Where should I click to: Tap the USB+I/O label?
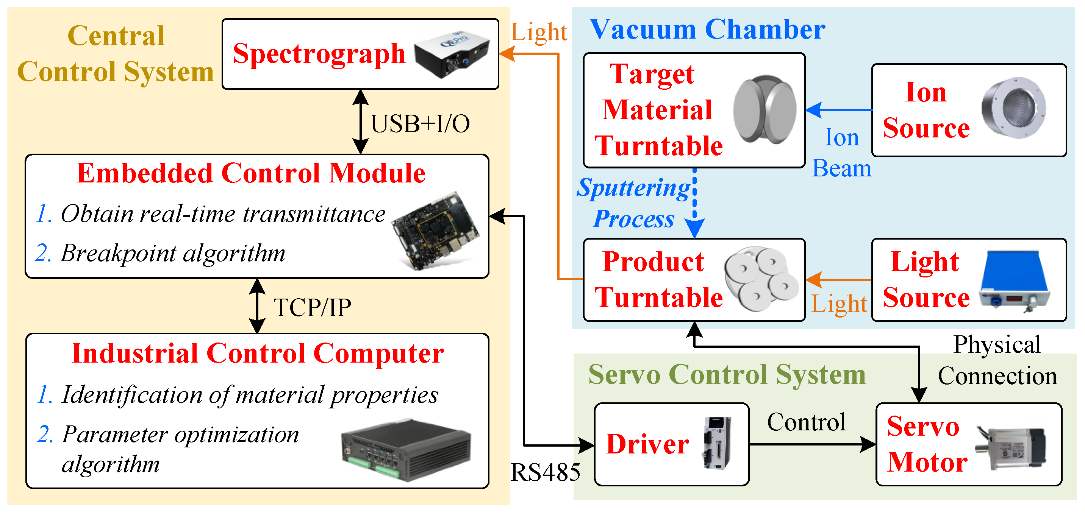[419, 124]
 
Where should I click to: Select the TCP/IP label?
[312, 307]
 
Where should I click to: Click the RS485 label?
[545, 472]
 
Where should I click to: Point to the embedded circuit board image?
[436, 231]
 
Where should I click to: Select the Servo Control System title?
[727, 374]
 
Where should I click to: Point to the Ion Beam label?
[841, 153]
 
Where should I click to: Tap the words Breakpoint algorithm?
[173, 254]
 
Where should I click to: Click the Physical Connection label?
[997, 360]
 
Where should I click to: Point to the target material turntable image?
[764, 109]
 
